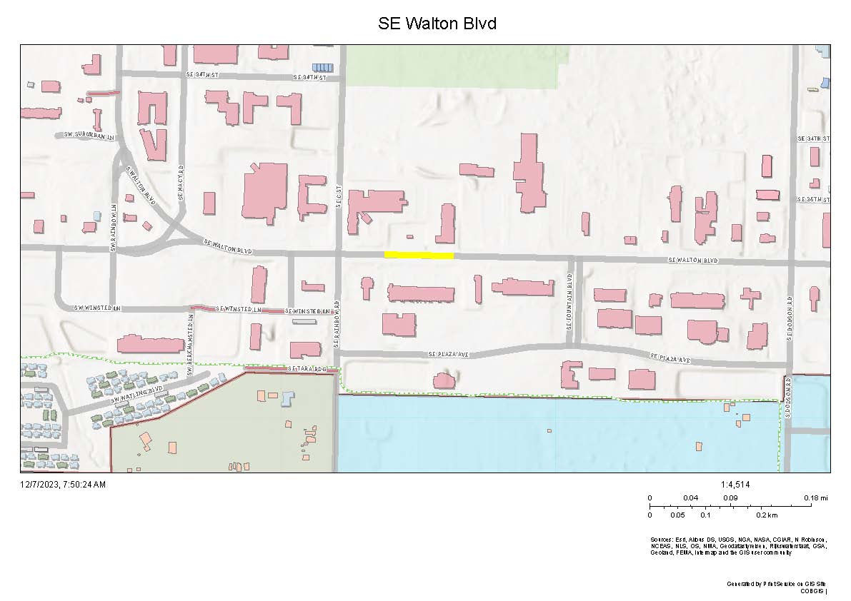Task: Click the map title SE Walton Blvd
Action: point(437,24)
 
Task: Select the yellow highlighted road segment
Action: point(419,255)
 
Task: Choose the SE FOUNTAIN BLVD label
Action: point(570,301)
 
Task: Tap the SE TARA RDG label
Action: point(307,369)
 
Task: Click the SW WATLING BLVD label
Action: point(137,396)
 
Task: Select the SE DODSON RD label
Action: point(790,318)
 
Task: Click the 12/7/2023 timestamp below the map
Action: point(63,485)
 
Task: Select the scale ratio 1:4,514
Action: point(736,485)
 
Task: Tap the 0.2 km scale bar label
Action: point(767,515)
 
